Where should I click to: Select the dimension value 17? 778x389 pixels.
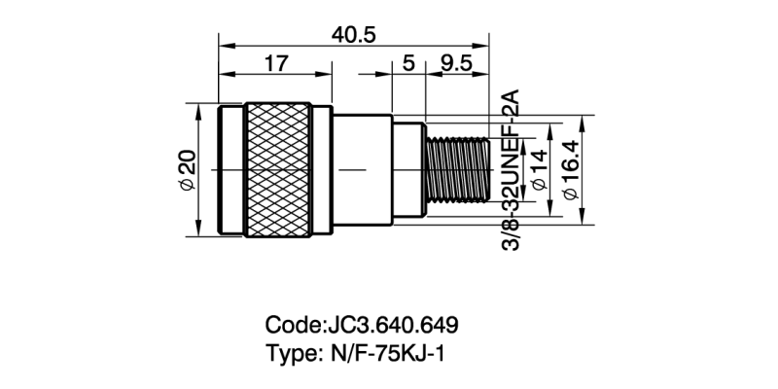pyautogui.click(x=275, y=64)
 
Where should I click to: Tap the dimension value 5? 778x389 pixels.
pyautogui.click(x=407, y=64)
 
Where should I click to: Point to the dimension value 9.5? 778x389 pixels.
pyautogui.click(x=455, y=64)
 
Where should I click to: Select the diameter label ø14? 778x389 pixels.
pyautogui.click(x=538, y=171)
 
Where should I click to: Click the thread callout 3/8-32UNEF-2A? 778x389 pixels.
pyautogui.click(x=511, y=171)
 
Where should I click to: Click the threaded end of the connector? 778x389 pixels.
pyautogui.click(x=457, y=170)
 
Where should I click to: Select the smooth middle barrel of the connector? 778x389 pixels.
pyautogui.click(x=362, y=170)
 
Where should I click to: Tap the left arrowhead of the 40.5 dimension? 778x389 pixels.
pyautogui.click(x=225, y=45)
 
